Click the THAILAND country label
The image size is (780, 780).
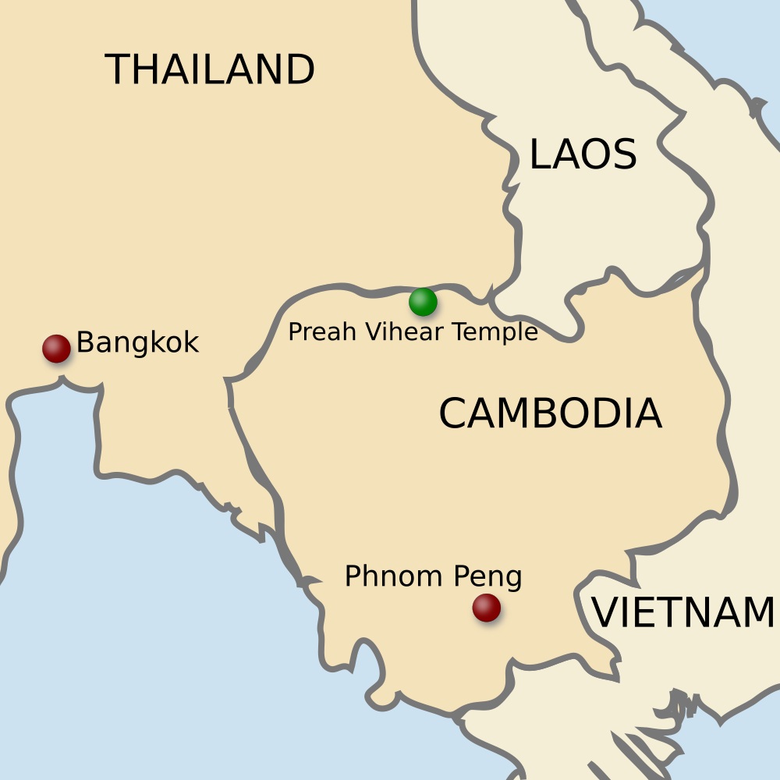pyautogui.click(x=210, y=70)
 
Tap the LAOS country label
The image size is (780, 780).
pyautogui.click(x=583, y=154)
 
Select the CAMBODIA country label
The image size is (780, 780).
pyautogui.click(x=550, y=413)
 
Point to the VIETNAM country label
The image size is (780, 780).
pyautogui.click(x=683, y=612)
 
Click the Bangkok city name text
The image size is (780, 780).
pyautogui.click(x=138, y=342)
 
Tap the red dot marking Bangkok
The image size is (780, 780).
pyautogui.click(x=56, y=349)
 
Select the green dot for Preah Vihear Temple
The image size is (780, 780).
pyautogui.click(x=423, y=302)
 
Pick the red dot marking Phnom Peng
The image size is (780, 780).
pyautogui.click(x=487, y=608)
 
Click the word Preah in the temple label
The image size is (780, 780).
pyautogui.click(x=312, y=332)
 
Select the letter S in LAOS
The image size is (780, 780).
pyautogui.click(x=624, y=154)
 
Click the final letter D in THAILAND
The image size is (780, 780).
pyautogui.click(x=301, y=70)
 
